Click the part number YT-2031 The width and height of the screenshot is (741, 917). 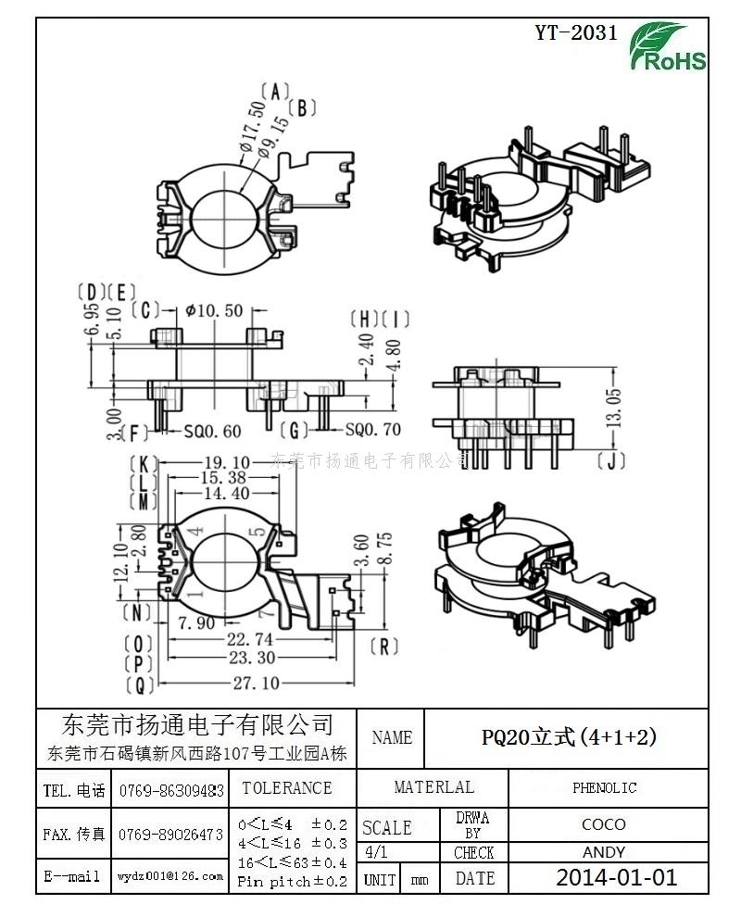coord(575,33)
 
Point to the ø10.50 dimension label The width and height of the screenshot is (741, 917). coord(214,310)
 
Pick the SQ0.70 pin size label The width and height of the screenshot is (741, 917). coord(373,430)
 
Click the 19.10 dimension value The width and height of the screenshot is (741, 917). coord(226,462)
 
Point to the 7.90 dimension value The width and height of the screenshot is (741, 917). coord(197,622)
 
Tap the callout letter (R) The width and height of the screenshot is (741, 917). coord(383,646)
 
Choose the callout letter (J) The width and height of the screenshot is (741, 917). coord(608,461)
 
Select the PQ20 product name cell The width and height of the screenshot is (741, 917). coord(569,737)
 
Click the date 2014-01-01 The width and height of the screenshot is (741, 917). coord(616,878)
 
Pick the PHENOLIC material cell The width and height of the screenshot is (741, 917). coord(604,788)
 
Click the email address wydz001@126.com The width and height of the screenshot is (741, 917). coord(170,876)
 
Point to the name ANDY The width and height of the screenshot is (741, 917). coord(604,852)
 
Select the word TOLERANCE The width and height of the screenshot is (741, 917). coord(286,788)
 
